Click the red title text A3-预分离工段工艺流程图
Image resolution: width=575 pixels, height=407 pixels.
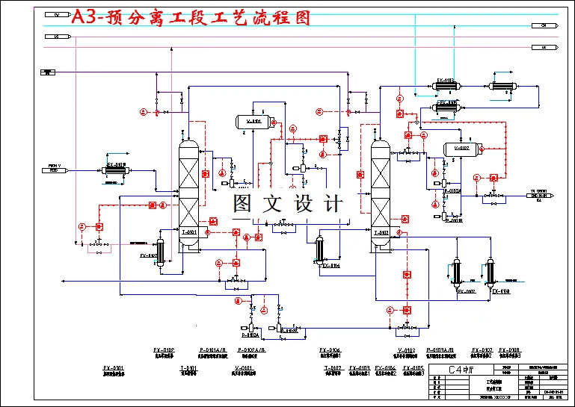191,17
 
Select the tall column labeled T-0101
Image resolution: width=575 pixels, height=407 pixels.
188,194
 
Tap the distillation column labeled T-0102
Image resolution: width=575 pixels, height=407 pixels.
381,196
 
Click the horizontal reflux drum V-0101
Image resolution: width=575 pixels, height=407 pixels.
254,121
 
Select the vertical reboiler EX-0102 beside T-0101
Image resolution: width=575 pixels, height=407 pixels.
159,250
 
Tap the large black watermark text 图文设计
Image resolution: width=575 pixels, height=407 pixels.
288,203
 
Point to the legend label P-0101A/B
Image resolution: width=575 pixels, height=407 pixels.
213,349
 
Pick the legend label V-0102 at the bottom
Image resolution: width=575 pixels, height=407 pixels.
407,349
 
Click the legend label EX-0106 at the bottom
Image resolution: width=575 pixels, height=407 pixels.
386,367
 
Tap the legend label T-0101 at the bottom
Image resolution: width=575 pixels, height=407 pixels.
188,367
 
